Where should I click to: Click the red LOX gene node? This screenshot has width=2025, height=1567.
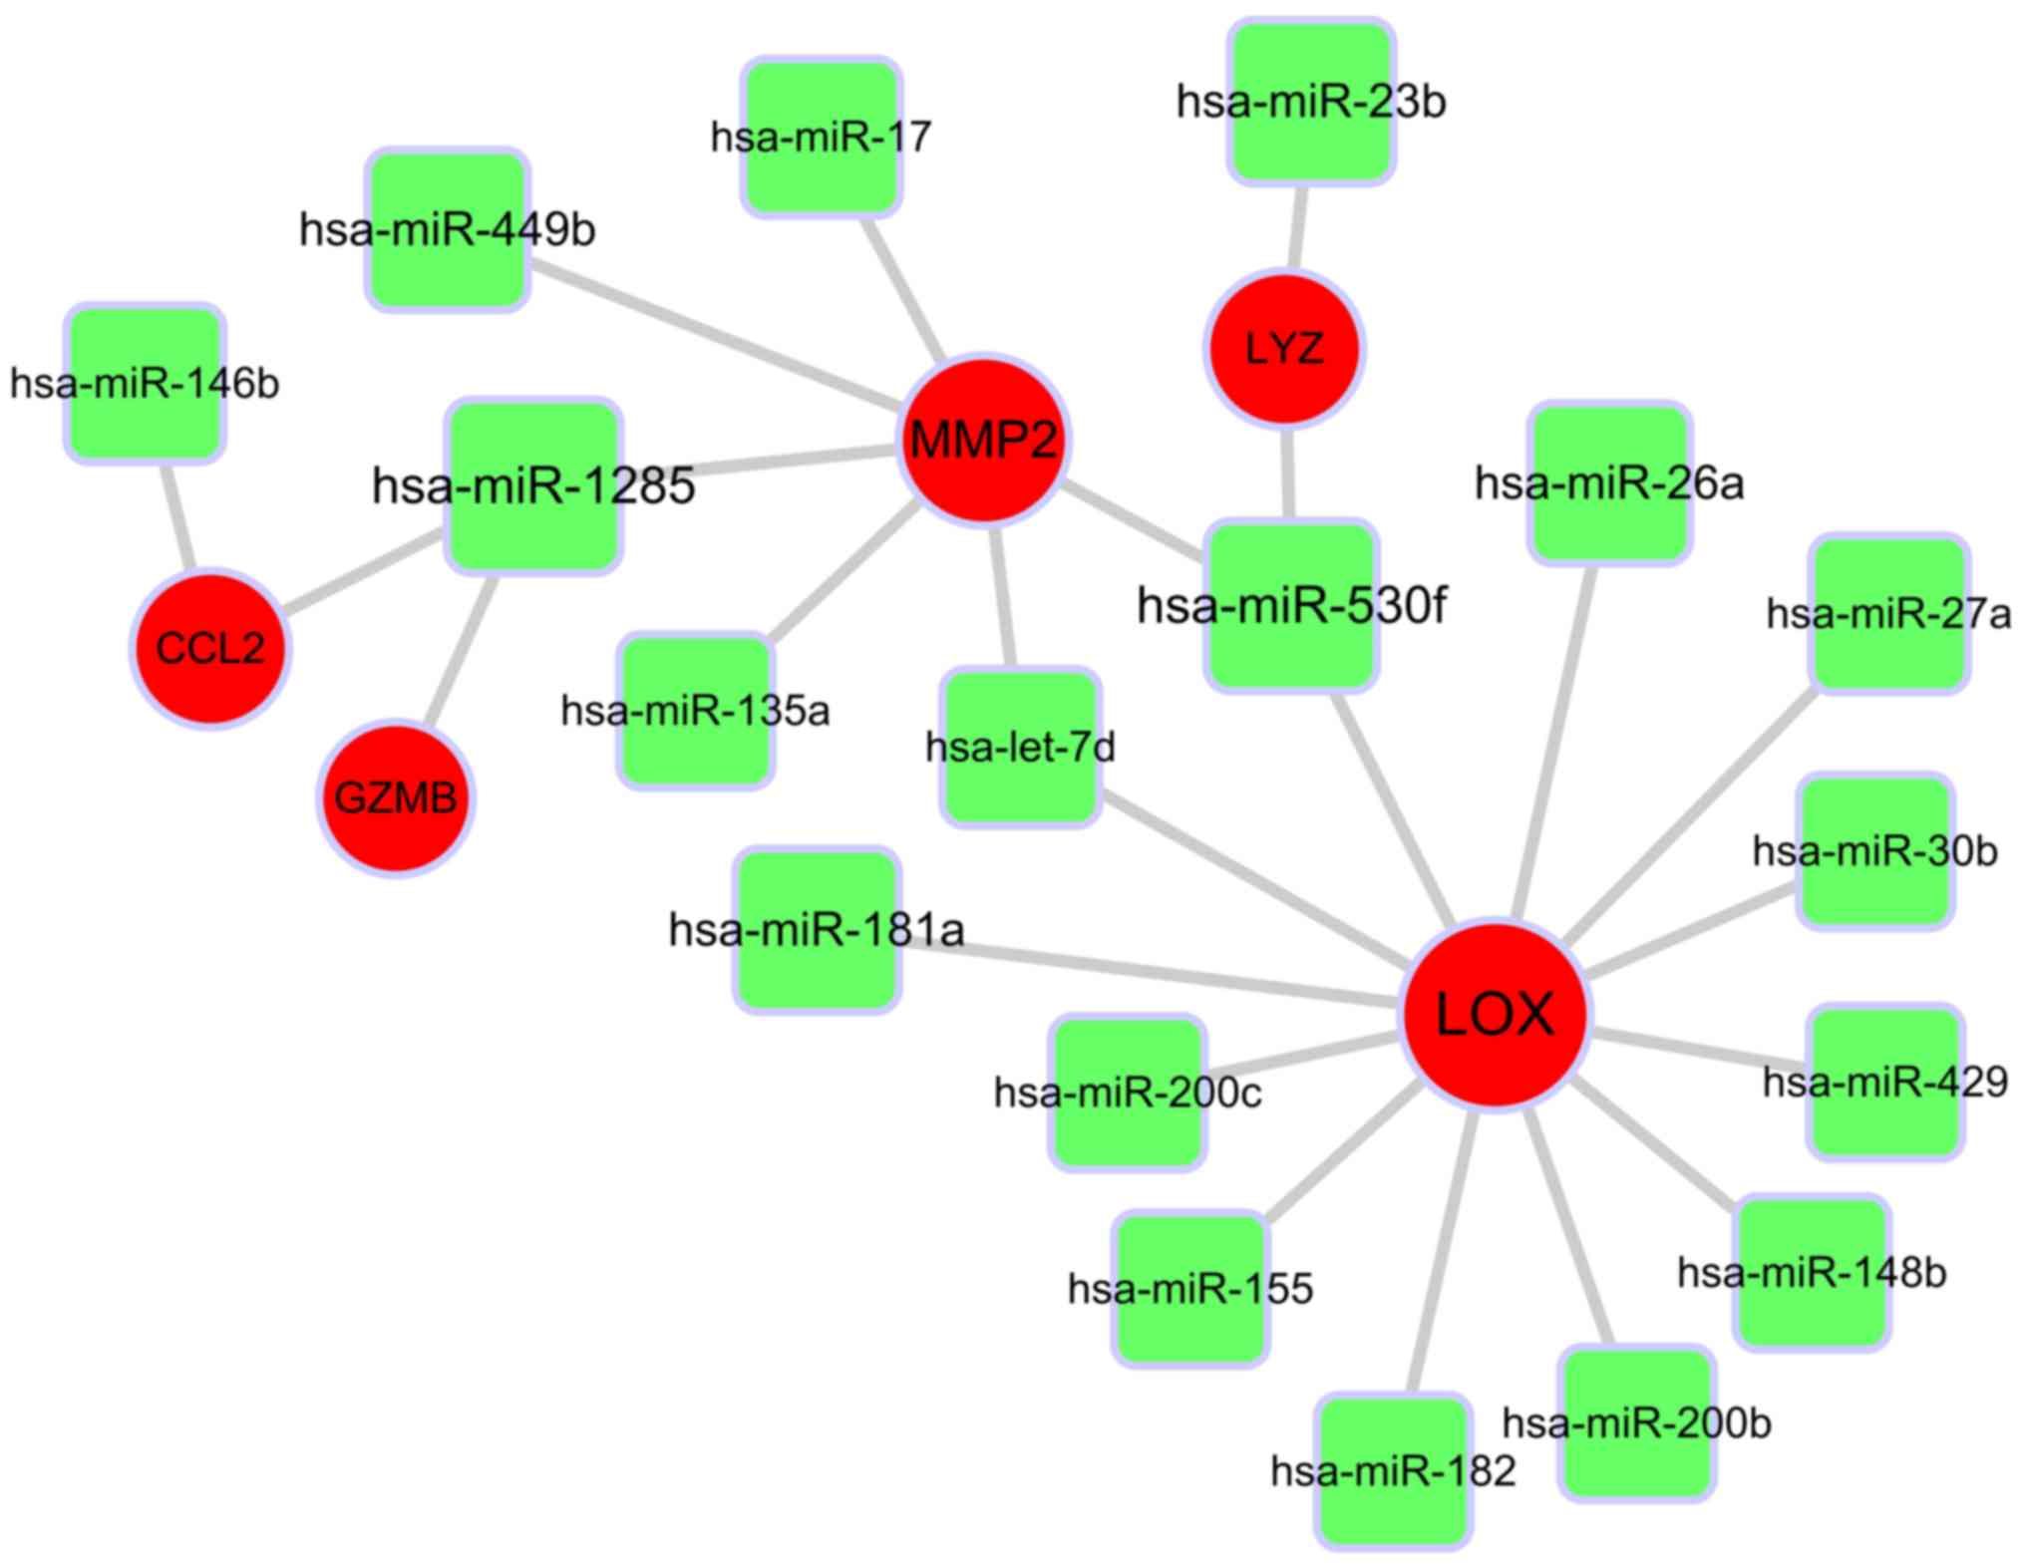click(x=1495, y=1015)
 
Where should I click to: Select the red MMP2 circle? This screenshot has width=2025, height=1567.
click(x=984, y=440)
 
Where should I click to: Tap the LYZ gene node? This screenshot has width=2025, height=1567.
click(x=1284, y=349)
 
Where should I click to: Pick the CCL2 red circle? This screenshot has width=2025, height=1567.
click(x=210, y=648)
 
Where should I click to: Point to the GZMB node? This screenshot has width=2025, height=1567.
click(x=396, y=798)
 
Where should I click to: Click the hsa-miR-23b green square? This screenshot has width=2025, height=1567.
click(x=1311, y=102)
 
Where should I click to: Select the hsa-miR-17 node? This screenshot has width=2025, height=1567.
click(x=822, y=137)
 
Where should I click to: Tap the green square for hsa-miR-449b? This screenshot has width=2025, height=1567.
click(x=448, y=230)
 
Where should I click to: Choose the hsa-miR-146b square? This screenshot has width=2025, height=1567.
click(x=146, y=384)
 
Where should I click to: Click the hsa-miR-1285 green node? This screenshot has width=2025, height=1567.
click(x=533, y=486)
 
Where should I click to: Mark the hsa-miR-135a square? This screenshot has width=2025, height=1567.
click(x=696, y=711)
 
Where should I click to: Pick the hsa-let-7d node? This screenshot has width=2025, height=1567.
click(x=1021, y=748)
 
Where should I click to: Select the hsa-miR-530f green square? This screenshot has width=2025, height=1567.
click(x=1291, y=605)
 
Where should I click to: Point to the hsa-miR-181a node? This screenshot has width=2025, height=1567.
click(x=818, y=931)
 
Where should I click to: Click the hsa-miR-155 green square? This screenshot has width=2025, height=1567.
click(x=1190, y=1289)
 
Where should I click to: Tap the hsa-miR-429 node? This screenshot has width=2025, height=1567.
click(x=1885, y=1083)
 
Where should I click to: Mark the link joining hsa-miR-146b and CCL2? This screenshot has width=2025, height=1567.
click(x=177, y=516)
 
